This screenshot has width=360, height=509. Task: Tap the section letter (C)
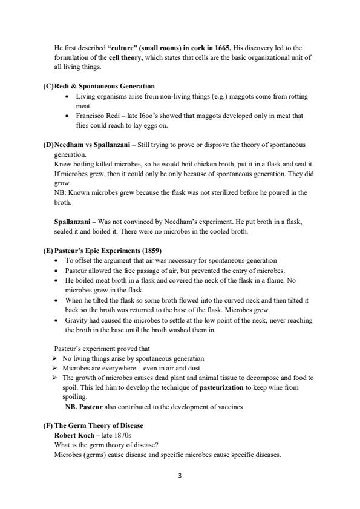pyautogui.click(x=48, y=87)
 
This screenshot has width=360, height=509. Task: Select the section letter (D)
pyautogui.click(x=48, y=145)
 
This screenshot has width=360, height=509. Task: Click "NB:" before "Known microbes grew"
pyautogui.click(x=61, y=192)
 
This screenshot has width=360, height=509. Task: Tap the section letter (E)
pyautogui.click(x=48, y=251)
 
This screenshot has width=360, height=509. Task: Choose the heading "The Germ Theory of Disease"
pyautogui.click(x=99, y=426)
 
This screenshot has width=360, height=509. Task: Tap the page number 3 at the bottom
pyautogui.click(x=180, y=476)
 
